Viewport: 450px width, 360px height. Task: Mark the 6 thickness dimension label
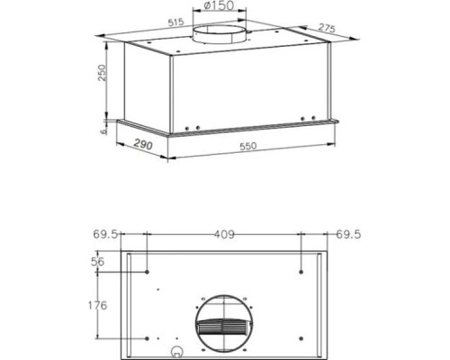pos(104,129)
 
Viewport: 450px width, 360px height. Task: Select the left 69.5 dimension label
pos(105,236)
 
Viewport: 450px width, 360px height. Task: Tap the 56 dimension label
pos(101,261)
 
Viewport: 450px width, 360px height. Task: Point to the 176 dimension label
pos(99,303)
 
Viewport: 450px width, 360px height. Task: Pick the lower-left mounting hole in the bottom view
pos(147,338)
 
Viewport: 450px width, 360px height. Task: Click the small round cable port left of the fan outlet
pos(178,351)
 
